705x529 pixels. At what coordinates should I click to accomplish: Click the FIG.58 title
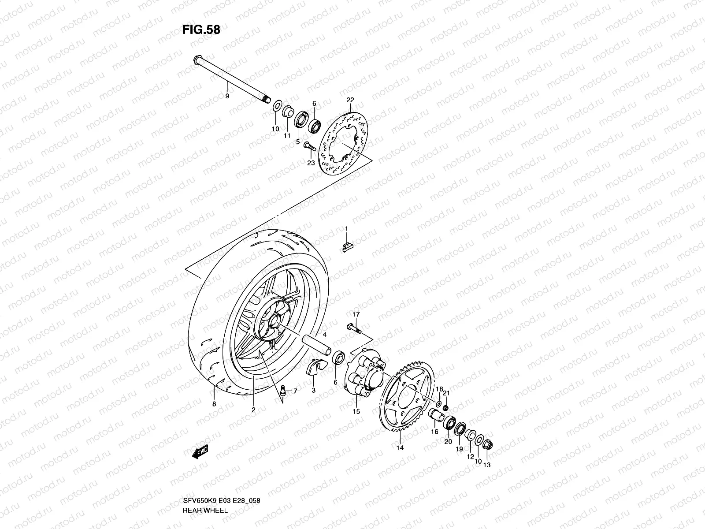tap(201, 30)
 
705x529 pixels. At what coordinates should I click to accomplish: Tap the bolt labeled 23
tap(309, 149)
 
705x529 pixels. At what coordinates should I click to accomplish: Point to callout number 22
tap(350, 101)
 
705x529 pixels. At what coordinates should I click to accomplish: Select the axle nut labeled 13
tap(487, 445)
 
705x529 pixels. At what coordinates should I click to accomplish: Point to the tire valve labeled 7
tap(283, 390)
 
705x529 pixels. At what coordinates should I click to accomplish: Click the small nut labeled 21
tap(445, 406)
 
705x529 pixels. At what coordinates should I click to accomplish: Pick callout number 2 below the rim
tap(253, 410)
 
